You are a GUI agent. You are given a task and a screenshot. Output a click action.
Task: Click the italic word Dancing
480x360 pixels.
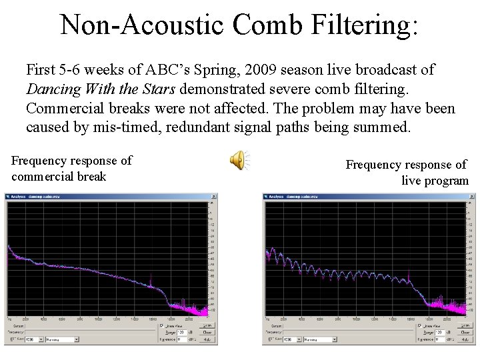click(52, 89)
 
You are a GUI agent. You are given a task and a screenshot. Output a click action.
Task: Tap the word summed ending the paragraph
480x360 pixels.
click(383, 127)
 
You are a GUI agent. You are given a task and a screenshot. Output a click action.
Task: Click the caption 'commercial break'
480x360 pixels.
click(59, 177)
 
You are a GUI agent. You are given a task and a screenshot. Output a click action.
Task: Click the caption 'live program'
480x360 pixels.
click(435, 181)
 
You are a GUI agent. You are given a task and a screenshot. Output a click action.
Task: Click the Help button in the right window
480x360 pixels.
click(466, 339)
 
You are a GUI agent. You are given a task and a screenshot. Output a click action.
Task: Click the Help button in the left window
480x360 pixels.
click(207, 339)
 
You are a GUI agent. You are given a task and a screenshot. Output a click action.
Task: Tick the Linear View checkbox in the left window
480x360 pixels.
click(161, 326)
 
